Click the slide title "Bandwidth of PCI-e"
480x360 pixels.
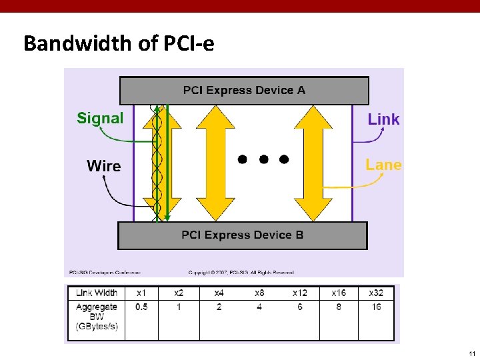coord(119,44)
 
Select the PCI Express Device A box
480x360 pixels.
coord(244,91)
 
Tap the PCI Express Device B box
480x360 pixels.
coord(243,235)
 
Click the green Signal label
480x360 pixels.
coord(100,119)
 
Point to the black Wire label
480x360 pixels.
coord(103,166)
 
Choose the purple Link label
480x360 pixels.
coord(383,119)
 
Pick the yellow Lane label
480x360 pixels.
coord(383,165)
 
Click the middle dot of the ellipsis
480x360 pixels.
coord(263,159)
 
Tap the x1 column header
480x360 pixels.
coord(141,293)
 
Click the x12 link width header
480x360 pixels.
coord(299,293)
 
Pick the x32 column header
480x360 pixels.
coord(376,293)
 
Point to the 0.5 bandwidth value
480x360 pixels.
coord(141,307)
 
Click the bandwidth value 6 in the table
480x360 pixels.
coord(299,307)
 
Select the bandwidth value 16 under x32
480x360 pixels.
coord(376,307)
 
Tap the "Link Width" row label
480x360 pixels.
coord(96,293)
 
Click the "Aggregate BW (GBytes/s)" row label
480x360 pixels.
coord(96,316)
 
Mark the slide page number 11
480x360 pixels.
coord(471,353)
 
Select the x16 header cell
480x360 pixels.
coord(339,293)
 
